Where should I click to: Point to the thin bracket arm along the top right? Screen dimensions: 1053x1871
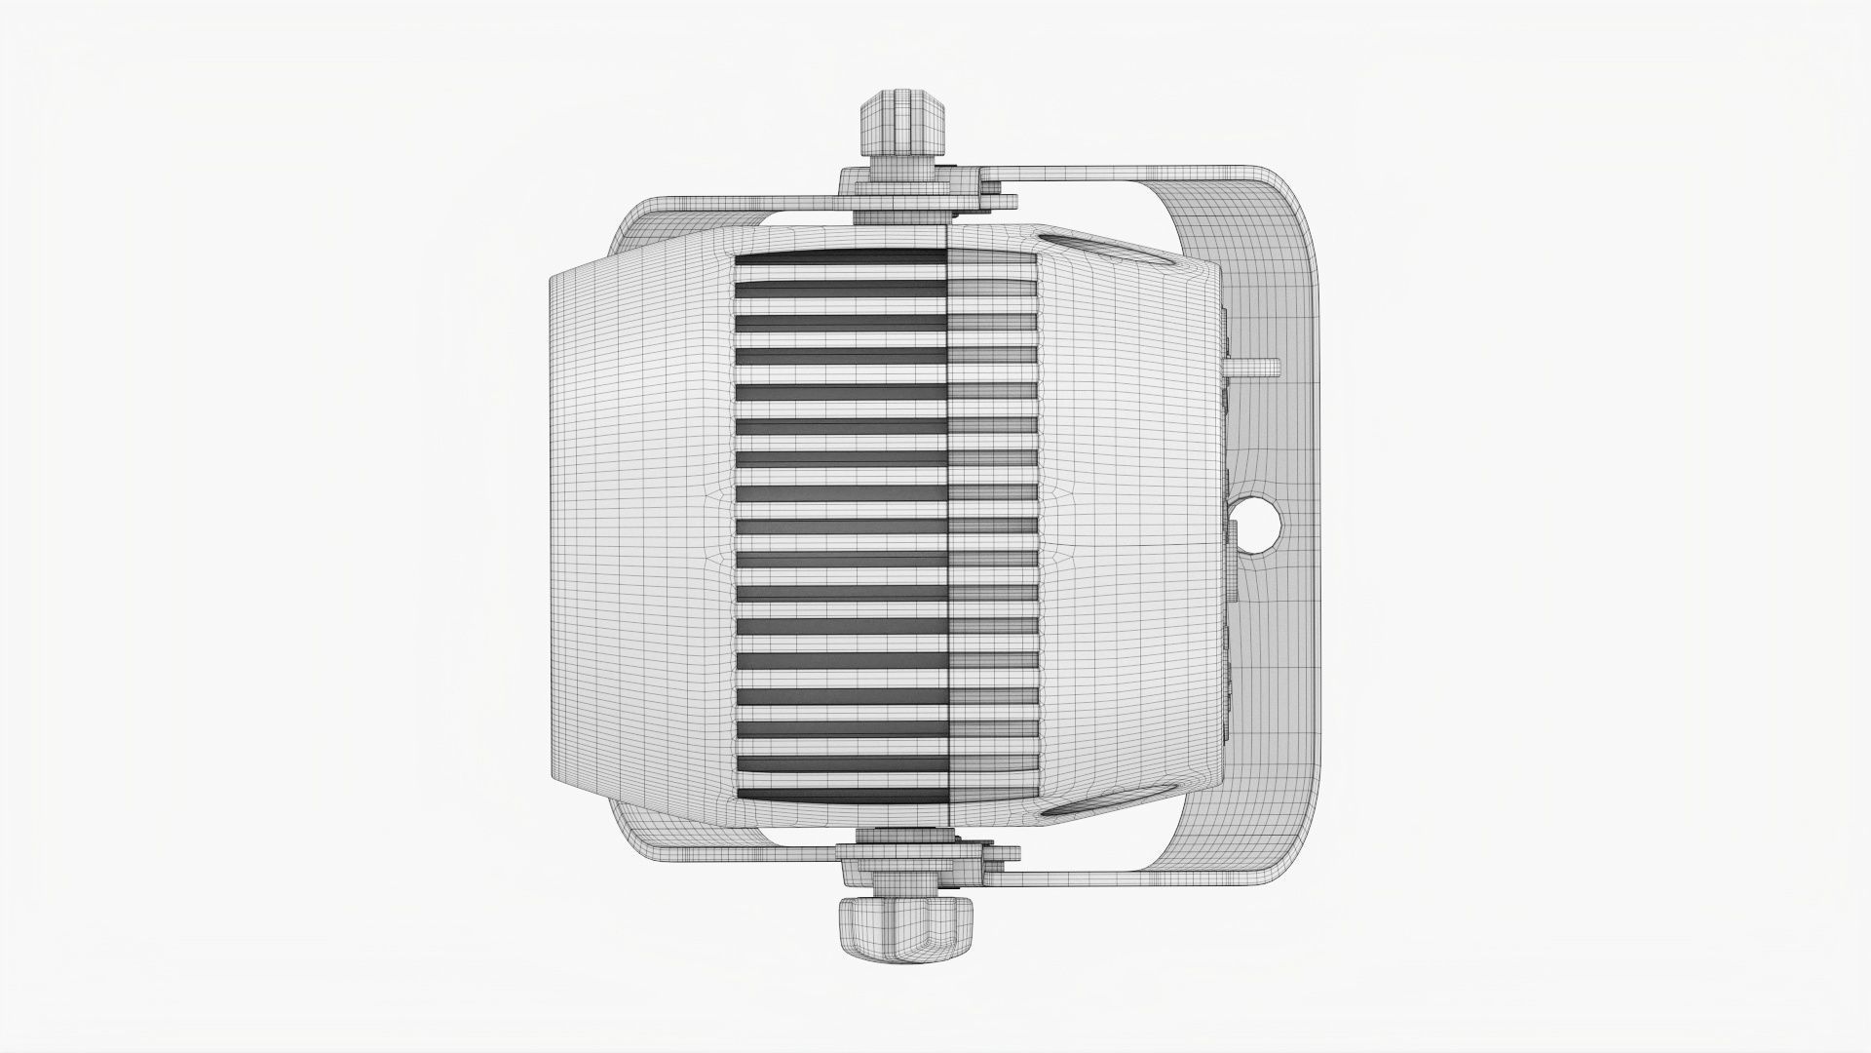[x=1121, y=175]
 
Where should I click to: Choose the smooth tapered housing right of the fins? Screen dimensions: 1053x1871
[x=1130, y=526]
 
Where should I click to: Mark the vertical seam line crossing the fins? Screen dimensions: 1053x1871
[x=950, y=526]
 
